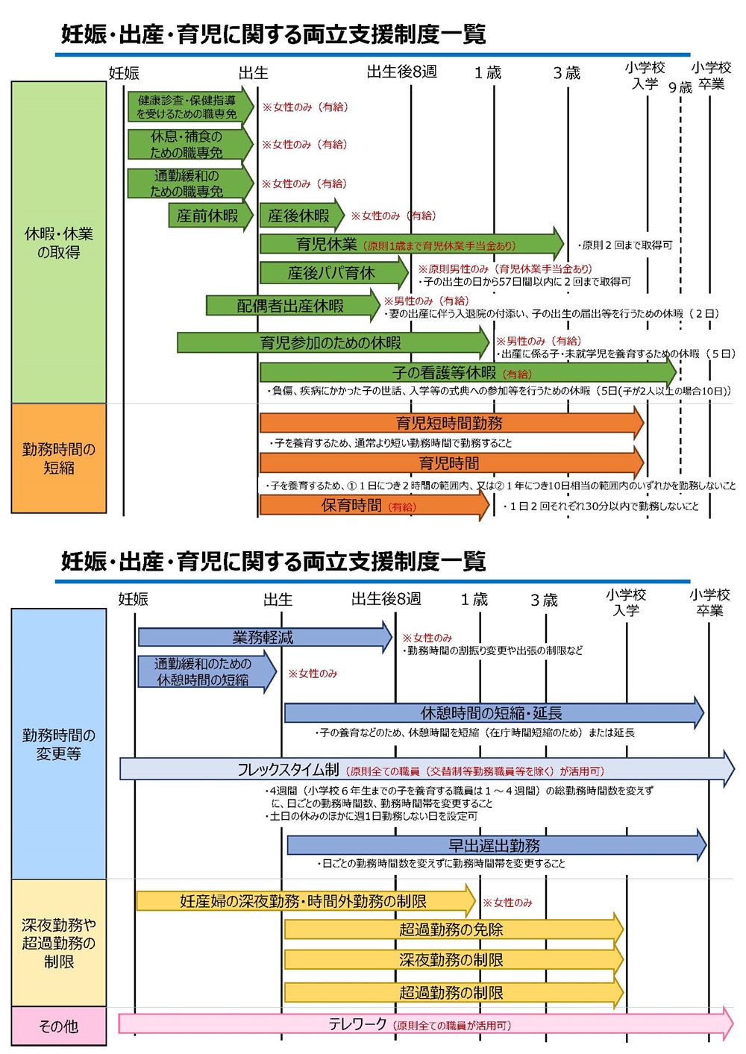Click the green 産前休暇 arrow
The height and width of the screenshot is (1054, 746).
click(x=209, y=216)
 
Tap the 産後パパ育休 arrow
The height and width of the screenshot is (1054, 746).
click(x=333, y=273)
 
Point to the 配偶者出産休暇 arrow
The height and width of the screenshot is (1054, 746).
click(x=291, y=306)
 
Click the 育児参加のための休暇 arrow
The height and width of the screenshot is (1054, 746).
click(x=331, y=343)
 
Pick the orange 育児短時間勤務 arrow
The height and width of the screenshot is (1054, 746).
click(x=450, y=424)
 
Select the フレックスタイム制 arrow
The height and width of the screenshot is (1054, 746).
click(x=425, y=770)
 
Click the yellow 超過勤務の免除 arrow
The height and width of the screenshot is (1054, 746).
click(x=452, y=930)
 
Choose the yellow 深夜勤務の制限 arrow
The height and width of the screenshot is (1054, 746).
click(x=452, y=960)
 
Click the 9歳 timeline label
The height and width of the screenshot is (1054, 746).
click(x=680, y=88)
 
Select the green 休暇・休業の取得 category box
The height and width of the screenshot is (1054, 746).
click(x=59, y=242)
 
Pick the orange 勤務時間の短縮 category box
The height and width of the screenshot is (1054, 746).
click(x=59, y=459)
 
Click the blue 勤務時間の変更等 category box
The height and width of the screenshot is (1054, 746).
click(x=59, y=744)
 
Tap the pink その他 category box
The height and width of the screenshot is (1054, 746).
click(x=59, y=1026)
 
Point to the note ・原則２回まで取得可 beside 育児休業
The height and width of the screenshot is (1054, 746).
click(x=625, y=245)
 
